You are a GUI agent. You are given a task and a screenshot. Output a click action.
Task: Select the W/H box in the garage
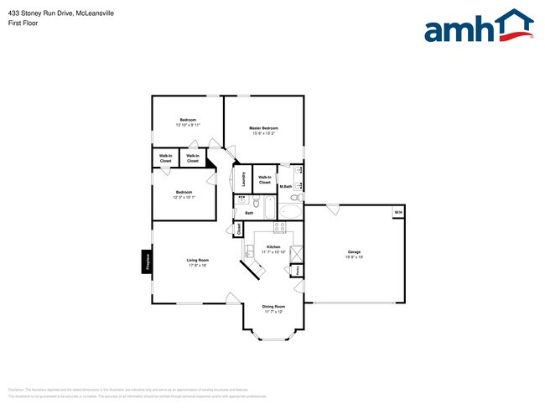(398, 213)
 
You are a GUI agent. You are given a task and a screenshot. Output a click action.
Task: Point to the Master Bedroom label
(263, 128)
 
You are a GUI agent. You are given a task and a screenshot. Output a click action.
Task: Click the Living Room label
(197, 260)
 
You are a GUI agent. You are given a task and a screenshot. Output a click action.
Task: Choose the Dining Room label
(273, 306)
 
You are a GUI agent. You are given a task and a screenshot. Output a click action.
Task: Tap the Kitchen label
(273, 246)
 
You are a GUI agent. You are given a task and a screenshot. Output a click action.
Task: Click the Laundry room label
(242, 179)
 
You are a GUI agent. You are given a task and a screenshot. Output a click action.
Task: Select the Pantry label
(296, 270)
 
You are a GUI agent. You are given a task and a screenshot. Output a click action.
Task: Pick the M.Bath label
(285, 186)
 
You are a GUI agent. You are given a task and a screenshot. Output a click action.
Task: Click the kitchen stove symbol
(281, 226)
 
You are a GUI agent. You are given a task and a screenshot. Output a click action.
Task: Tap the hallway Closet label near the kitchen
(239, 228)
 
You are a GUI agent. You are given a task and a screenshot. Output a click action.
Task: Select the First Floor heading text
(20, 24)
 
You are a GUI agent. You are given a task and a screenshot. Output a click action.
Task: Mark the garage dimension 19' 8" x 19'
(355, 257)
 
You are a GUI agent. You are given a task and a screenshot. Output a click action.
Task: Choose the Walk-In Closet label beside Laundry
(264, 179)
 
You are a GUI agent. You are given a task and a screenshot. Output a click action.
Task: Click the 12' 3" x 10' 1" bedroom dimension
(184, 198)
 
